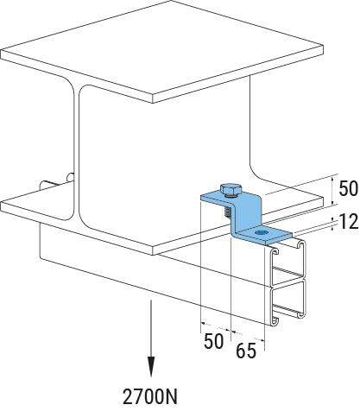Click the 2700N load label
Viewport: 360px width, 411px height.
(x=150, y=396)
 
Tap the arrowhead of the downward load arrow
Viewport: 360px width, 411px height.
(x=151, y=366)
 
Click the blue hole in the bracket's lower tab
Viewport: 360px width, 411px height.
(x=261, y=232)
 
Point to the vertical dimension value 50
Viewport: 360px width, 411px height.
(x=348, y=188)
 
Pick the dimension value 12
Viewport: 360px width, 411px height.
(x=349, y=222)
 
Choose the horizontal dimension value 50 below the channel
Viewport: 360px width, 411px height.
(x=213, y=341)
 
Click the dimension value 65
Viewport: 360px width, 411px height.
(x=246, y=351)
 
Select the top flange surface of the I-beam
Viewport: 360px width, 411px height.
(x=161, y=50)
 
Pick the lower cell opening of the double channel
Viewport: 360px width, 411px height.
(x=287, y=300)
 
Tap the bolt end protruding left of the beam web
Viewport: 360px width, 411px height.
(x=51, y=183)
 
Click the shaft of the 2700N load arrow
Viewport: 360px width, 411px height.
(x=151, y=328)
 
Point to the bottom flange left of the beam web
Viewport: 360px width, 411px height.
(x=36, y=205)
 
